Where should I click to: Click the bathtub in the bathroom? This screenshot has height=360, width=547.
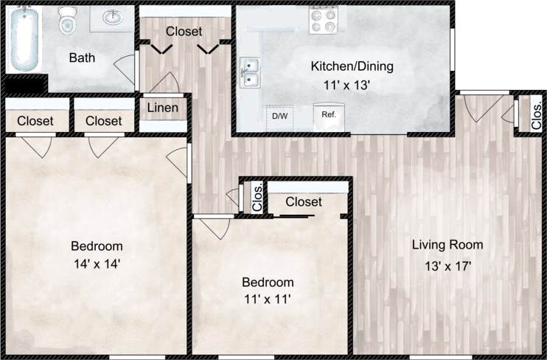24,38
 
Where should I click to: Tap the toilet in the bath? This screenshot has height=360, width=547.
68,21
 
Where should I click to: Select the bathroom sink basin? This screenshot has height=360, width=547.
113,18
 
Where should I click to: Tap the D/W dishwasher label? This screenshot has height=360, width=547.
279,117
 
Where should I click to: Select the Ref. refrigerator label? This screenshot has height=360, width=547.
329,116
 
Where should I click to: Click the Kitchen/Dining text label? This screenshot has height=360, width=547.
352,66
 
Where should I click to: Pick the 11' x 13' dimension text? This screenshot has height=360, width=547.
346,85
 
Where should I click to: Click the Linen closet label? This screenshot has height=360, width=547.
163,108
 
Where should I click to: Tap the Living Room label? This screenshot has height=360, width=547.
447,245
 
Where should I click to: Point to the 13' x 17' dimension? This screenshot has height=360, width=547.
447,266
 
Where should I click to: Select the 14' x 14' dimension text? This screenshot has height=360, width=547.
97,263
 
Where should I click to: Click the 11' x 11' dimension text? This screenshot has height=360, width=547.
268,300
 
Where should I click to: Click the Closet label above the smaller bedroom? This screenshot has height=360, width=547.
304,202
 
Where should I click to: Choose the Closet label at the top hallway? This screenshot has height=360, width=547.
184,32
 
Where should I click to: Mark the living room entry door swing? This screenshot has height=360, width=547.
479,108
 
